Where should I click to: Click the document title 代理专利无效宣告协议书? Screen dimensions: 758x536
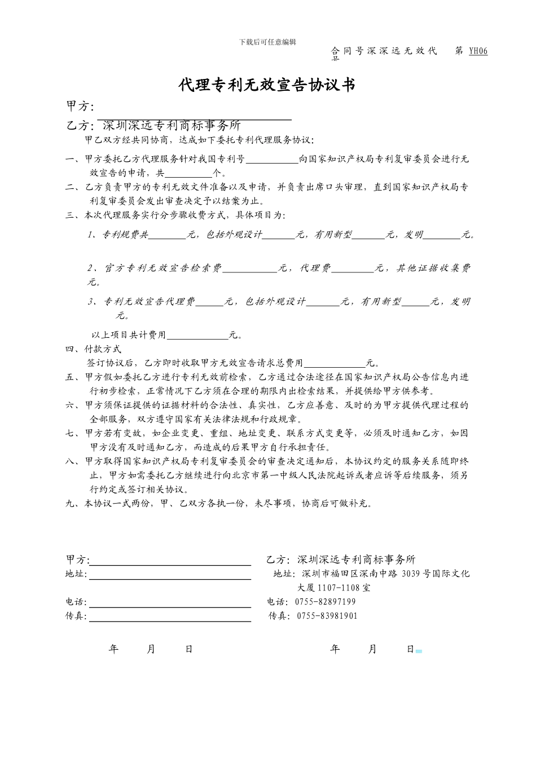point(267,85)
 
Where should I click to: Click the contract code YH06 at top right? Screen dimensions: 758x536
point(478,51)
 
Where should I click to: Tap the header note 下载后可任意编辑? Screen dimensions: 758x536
point(267,42)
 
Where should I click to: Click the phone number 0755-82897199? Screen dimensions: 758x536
point(326,602)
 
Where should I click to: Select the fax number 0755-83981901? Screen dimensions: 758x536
point(327,616)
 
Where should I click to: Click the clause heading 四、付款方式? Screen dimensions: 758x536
point(94,349)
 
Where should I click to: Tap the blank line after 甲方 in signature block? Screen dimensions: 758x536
point(170,561)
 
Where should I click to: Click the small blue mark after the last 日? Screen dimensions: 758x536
point(419,651)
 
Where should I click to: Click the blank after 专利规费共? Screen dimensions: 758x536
point(168,236)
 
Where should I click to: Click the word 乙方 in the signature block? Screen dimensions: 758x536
point(277,559)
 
